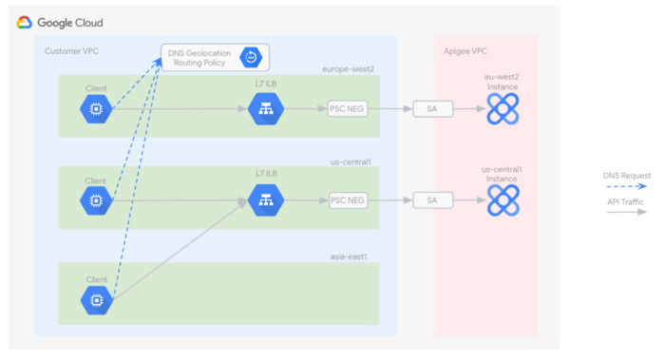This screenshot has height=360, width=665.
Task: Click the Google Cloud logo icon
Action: (25, 22)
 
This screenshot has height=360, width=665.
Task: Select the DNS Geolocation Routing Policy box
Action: (214, 57)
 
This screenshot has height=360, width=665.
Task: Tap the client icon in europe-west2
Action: (96, 109)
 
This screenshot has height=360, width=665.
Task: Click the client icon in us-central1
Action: (96, 200)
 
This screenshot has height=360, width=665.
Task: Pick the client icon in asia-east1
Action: (96, 300)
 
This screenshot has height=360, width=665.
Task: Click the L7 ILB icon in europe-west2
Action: (266, 109)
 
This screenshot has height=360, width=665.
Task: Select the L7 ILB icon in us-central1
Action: (266, 200)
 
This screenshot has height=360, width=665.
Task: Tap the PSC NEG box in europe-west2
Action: (347, 109)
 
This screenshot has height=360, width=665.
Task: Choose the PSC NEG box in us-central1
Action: (347, 200)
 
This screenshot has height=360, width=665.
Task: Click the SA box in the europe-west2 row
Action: (432, 109)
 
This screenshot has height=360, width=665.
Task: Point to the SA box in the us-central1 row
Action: (432, 200)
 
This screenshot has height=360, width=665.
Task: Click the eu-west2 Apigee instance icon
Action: (502, 109)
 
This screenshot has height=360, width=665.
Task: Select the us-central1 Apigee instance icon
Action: (502, 200)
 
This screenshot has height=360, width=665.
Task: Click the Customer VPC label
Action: (71, 48)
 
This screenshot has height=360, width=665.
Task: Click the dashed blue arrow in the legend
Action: (626, 187)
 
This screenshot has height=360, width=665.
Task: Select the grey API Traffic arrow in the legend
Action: (626, 212)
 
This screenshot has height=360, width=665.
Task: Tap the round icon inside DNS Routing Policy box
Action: (251, 57)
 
